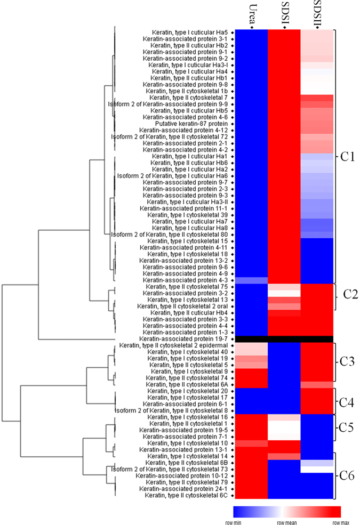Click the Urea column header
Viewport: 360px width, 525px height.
(x=250, y=14)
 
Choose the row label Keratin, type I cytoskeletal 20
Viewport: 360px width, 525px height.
(x=188, y=391)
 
